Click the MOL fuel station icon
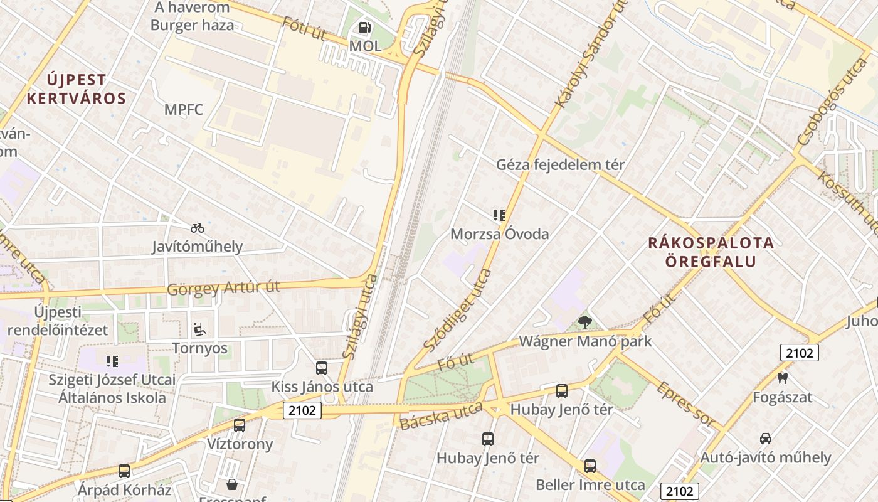click(x=364, y=28)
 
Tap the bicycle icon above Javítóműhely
click(x=197, y=228)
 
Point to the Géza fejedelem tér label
click(x=560, y=165)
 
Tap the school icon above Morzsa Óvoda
click(x=499, y=215)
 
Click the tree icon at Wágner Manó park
click(x=585, y=323)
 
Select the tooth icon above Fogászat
click(x=782, y=378)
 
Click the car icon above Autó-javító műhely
click(x=765, y=438)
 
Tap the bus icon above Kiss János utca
click(x=322, y=368)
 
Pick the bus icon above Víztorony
click(x=240, y=425)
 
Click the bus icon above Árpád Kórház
click(x=124, y=470)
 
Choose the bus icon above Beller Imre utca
click(x=590, y=466)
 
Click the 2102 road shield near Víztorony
click(x=302, y=410)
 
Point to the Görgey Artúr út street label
click(x=223, y=288)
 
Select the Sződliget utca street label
click(x=458, y=310)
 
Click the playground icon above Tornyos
click(x=199, y=329)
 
